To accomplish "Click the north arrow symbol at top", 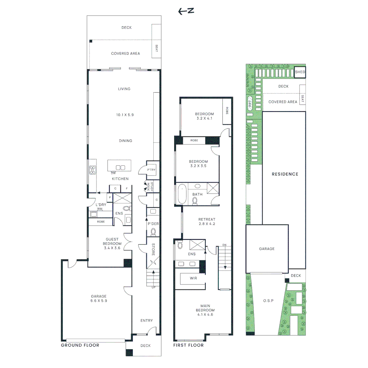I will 186,11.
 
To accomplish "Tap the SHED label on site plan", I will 300,72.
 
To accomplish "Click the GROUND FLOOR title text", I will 80,345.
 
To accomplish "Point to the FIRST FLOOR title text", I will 188,345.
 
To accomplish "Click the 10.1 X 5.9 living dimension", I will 124,115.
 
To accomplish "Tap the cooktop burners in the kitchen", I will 92,170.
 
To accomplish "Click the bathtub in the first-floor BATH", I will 182,194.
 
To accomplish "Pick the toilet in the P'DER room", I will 153,232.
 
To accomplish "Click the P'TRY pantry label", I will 151,170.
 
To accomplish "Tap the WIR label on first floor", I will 193,278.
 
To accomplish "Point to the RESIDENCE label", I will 285,174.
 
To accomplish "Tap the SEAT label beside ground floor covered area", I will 157,48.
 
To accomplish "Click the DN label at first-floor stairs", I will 224,245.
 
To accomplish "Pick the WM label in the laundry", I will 99,209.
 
